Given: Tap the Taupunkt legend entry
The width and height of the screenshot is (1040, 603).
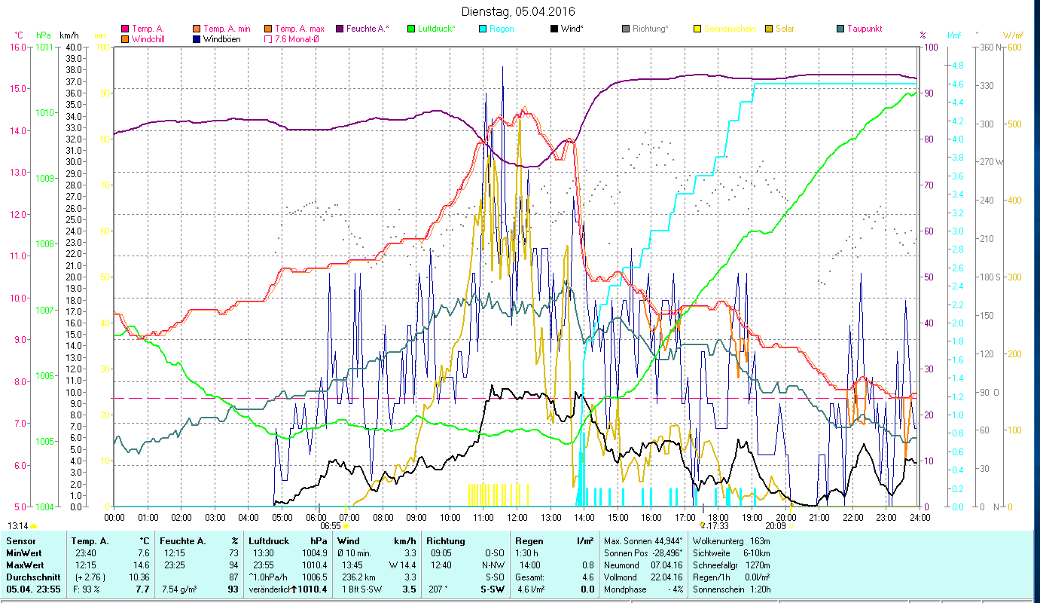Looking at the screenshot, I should [864, 29].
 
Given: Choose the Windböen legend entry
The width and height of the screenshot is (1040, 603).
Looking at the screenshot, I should [221, 38].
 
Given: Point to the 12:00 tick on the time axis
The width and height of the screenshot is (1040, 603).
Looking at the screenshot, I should [517, 517].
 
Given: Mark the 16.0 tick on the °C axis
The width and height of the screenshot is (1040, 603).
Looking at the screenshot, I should [17, 47].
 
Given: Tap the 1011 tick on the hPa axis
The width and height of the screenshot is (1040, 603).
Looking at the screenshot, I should [44, 47].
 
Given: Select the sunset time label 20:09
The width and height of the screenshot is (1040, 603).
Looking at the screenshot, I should [775, 526].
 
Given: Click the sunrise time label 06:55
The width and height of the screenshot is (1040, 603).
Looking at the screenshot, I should [331, 526].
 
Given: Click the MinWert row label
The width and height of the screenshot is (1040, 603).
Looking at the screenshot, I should [25, 552].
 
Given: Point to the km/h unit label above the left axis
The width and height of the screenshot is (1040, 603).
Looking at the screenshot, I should [69, 35].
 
